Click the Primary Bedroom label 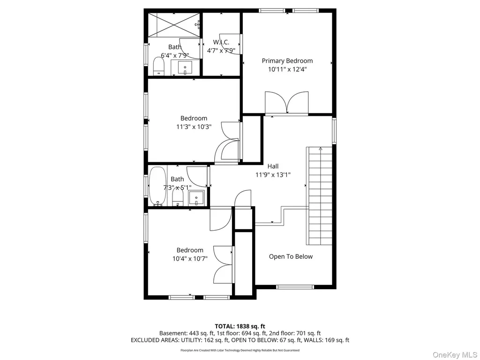(x=287, y=61)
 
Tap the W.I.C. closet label (x=221, y=42)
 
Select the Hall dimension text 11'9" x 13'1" (x=273, y=175)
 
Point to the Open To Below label (x=291, y=256)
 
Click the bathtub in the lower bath (x=158, y=186)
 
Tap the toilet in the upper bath (x=158, y=67)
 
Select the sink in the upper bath (x=185, y=67)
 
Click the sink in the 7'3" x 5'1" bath (x=196, y=198)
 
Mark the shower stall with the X (x=174, y=25)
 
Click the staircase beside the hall (x=319, y=196)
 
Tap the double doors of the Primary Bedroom (x=287, y=103)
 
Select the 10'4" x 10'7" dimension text (x=190, y=259)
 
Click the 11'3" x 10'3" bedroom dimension (x=194, y=127)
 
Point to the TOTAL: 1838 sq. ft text (x=240, y=326)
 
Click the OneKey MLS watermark (x=455, y=355)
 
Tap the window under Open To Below (x=295, y=287)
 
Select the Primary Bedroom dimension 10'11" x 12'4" (x=287, y=69)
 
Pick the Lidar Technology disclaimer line (x=240, y=350)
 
